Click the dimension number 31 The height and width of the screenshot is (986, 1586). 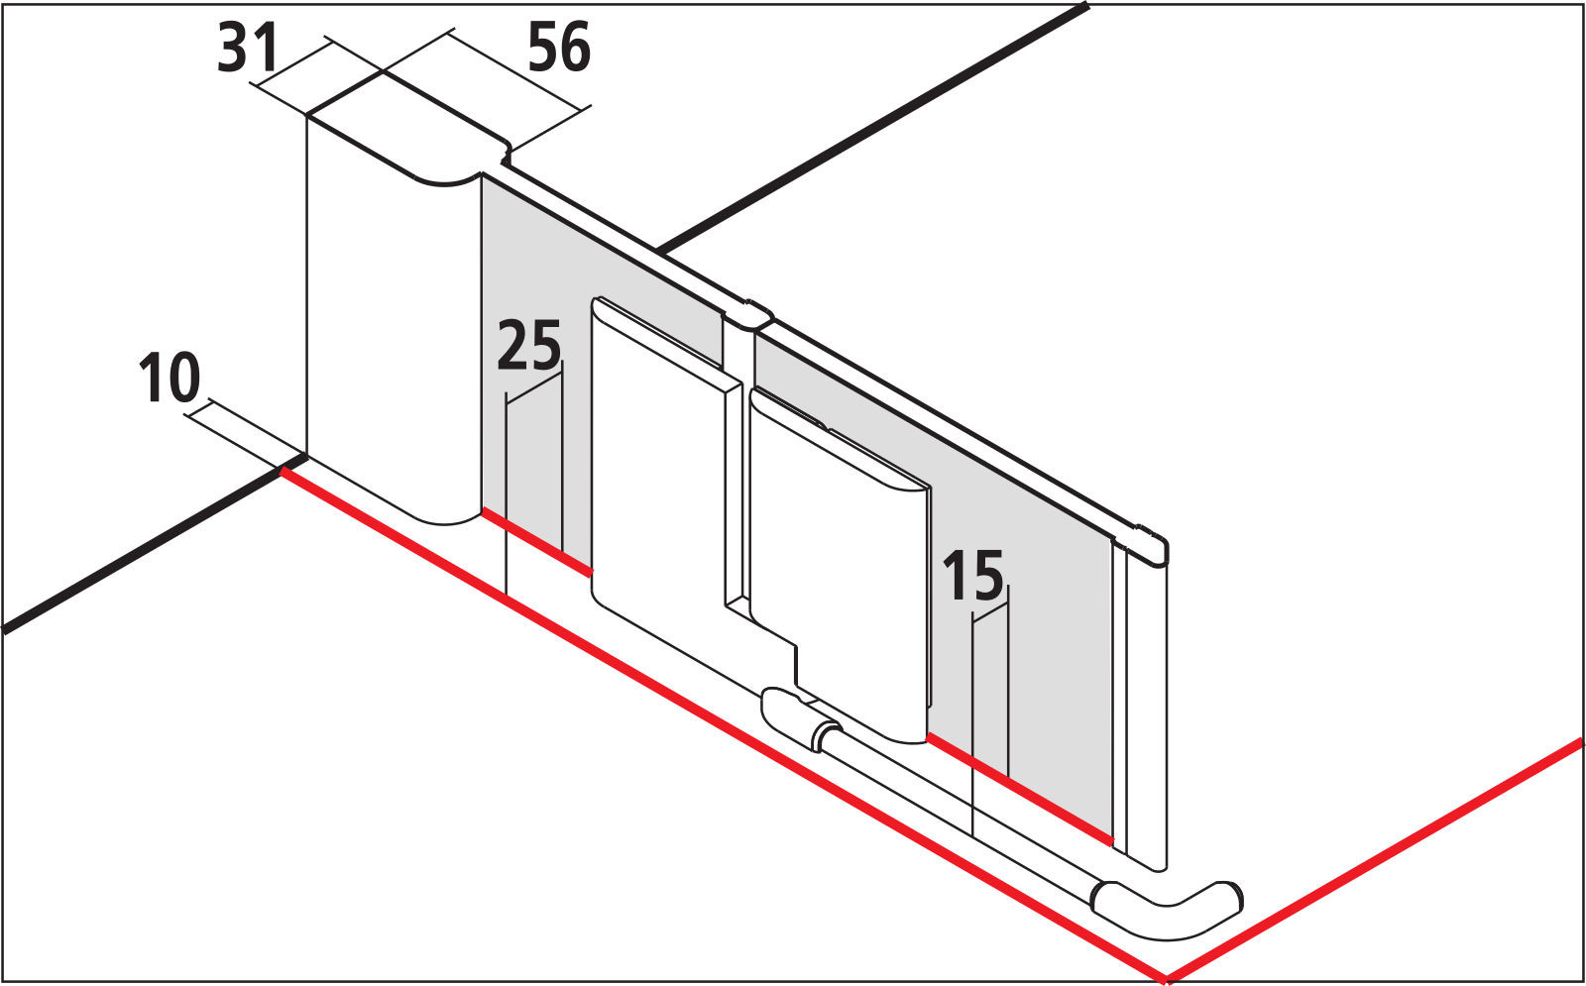[x=247, y=48]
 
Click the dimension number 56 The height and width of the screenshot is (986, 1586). [x=559, y=48]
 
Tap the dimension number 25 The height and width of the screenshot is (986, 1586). [x=529, y=346]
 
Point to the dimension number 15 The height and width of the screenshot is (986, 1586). [x=972, y=576]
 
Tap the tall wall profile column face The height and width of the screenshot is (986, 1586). [x=393, y=333]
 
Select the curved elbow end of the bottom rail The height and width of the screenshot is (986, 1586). [x=1169, y=913]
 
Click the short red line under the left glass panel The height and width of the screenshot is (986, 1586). [x=536, y=541]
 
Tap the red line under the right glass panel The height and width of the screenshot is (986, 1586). [x=1020, y=789]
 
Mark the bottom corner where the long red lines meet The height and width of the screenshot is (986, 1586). [x=1167, y=979]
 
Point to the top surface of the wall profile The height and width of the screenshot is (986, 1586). [x=407, y=129]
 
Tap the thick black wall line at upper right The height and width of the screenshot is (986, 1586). [x=872, y=129]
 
